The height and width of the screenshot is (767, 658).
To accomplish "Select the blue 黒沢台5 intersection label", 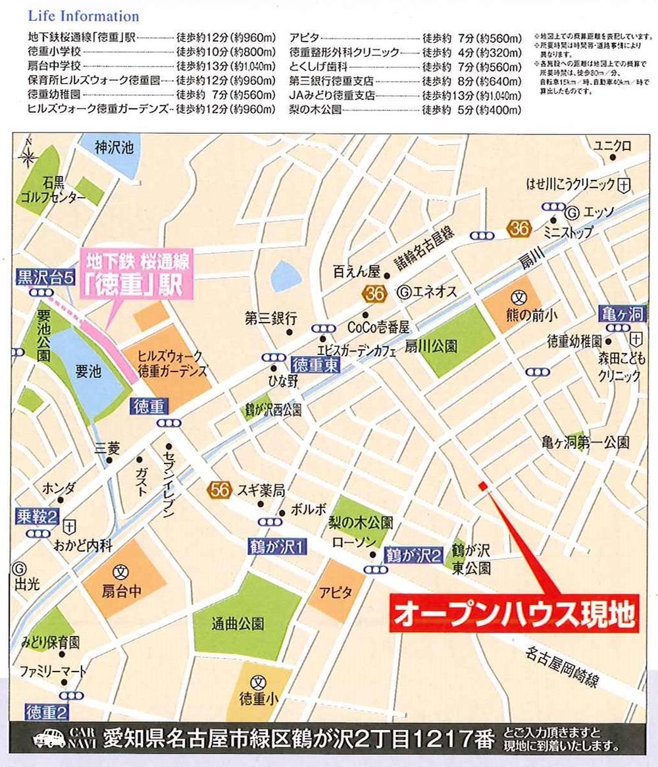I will (x=45, y=277).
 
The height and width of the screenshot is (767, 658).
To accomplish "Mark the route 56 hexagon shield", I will (x=219, y=489).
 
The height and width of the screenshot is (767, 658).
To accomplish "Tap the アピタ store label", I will (x=336, y=591).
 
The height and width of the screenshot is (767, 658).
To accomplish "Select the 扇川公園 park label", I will (x=431, y=346).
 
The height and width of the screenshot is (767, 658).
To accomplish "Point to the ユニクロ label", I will (x=612, y=145).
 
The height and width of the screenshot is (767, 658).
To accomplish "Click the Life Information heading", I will (x=84, y=16).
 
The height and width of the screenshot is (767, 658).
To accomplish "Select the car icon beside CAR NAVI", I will (x=48, y=742).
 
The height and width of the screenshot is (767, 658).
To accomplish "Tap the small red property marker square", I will (x=482, y=486).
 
